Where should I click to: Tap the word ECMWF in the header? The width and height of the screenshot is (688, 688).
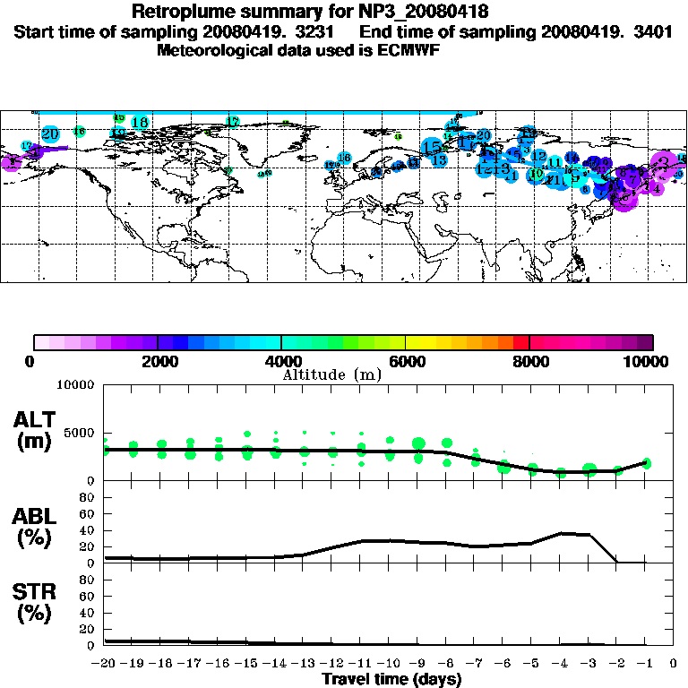[x=409, y=50]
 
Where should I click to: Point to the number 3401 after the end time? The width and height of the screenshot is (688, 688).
[x=654, y=31]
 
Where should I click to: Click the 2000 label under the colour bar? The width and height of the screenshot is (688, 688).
[x=158, y=362]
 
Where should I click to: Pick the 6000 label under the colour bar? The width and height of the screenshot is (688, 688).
[x=406, y=362]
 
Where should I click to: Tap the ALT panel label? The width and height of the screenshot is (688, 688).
[x=35, y=419]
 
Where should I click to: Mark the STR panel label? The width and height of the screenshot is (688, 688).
[x=35, y=592]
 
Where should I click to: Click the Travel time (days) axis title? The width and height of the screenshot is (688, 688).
[x=391, y=679]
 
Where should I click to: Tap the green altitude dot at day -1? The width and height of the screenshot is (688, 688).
[x=646, y=463]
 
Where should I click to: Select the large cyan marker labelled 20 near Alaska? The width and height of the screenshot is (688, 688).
[x=50, y=134]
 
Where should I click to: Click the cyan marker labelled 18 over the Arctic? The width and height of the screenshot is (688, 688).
[x=140, y=122]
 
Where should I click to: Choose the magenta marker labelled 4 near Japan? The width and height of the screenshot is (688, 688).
[x=657, y=188]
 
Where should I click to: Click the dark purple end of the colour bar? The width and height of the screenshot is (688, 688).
[x=646, y=341]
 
